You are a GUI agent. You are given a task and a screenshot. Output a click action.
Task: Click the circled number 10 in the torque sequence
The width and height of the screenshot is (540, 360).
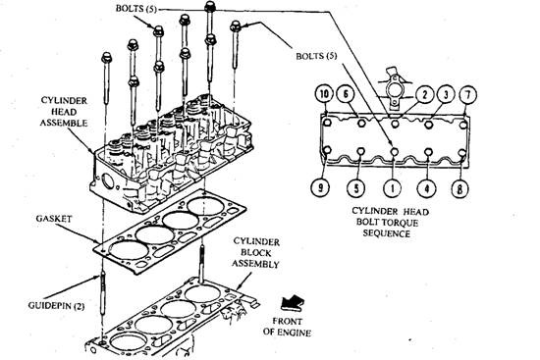click(x=324, y=94)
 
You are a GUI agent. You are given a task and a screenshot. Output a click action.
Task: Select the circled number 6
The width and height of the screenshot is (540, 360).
click(x=347, y=94)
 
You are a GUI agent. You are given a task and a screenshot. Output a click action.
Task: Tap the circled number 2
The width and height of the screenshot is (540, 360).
click(x=424, y=95)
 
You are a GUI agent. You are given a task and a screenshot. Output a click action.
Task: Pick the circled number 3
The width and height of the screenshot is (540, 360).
click(x=446, y=94)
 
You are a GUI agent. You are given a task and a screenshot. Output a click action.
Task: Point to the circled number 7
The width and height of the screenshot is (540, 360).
click(x=467, y=94)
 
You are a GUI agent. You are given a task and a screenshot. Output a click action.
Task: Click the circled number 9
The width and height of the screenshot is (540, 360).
click(x=320, y=187)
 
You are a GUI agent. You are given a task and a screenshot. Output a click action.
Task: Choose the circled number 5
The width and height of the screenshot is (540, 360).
click(x=356, y=188)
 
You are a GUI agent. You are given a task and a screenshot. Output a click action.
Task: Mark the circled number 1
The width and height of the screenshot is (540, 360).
click(x=393, y=188)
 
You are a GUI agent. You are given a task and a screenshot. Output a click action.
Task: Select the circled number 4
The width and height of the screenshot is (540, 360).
click(x=427, y=188)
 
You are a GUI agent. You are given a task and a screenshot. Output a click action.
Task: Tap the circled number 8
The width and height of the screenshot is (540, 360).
click(x=460, y=188)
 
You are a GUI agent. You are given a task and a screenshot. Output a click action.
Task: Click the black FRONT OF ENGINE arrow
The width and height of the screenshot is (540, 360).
click(x=292, y=303)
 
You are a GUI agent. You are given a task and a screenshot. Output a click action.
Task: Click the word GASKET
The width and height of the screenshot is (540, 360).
click(x=53, y=219)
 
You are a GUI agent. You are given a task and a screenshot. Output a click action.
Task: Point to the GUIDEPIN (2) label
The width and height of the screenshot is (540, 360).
click(x=56, y=306)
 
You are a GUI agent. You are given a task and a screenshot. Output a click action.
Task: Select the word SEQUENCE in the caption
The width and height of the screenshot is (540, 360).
click(x=387, y=233)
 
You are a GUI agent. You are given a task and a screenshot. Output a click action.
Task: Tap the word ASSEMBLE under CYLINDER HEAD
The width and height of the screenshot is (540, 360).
click(x=64, y=123)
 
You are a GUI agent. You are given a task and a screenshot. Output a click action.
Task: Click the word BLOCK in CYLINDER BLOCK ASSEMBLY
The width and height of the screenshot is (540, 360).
click(x=256, y=253)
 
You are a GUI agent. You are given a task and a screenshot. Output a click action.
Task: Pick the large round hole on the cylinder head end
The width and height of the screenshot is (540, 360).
click(x=107, y=181)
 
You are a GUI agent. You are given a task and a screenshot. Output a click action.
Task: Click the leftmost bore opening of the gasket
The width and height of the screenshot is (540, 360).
click(x=129, y=250)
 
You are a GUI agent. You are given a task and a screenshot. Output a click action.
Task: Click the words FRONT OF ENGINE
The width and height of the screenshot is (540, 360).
click(x=287, y=327)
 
